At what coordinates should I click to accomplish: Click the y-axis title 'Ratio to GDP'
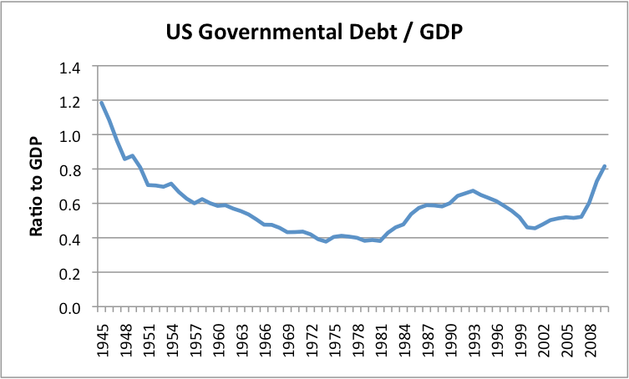click(x=36, y=186)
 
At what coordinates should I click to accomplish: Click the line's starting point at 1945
click(x=100, y=102)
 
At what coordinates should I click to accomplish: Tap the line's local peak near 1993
click(x=473, y=191)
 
